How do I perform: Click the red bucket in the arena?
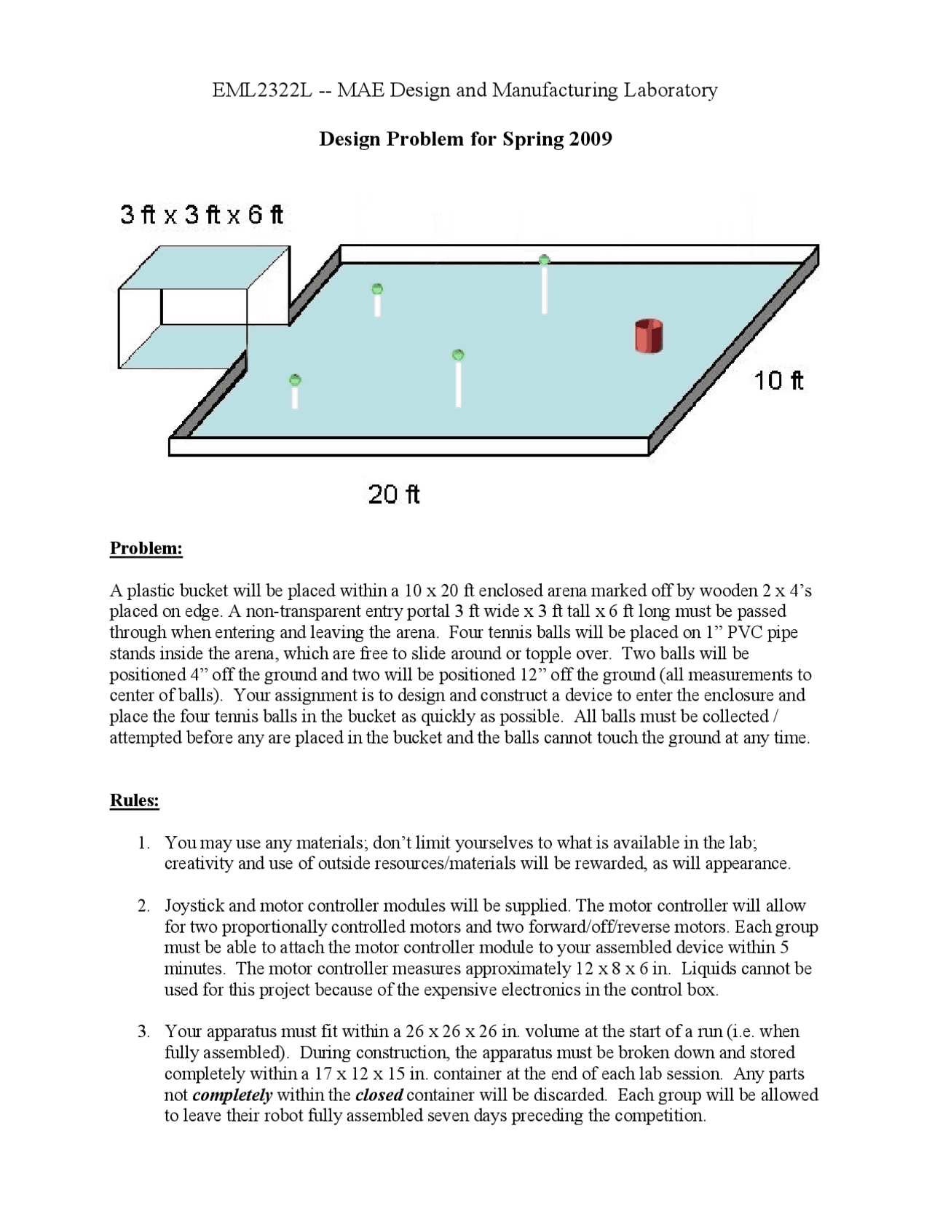648,336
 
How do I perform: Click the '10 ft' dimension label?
778,380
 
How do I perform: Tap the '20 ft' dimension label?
394,494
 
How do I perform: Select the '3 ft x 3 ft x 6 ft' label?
202,215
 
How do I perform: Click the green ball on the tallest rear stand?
544,260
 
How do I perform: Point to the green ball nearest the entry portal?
295,380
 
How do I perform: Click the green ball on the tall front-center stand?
458,355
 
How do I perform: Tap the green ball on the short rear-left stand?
377,289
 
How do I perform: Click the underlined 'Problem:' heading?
146,548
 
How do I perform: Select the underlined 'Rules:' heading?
134,800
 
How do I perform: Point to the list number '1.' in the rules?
144,843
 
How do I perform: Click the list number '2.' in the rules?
144,906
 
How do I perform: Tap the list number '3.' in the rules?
144,1032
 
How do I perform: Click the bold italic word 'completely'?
232,1095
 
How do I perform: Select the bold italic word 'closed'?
379,1095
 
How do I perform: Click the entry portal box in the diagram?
203,307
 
